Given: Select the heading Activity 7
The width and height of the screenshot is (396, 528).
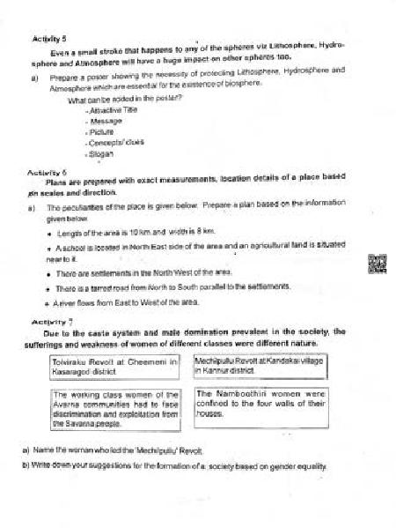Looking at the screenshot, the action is click(49, 323).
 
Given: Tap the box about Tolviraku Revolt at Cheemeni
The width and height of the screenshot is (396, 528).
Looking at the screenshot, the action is click(116, 367).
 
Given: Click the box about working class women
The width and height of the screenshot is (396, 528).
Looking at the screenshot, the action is click(116, 409).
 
